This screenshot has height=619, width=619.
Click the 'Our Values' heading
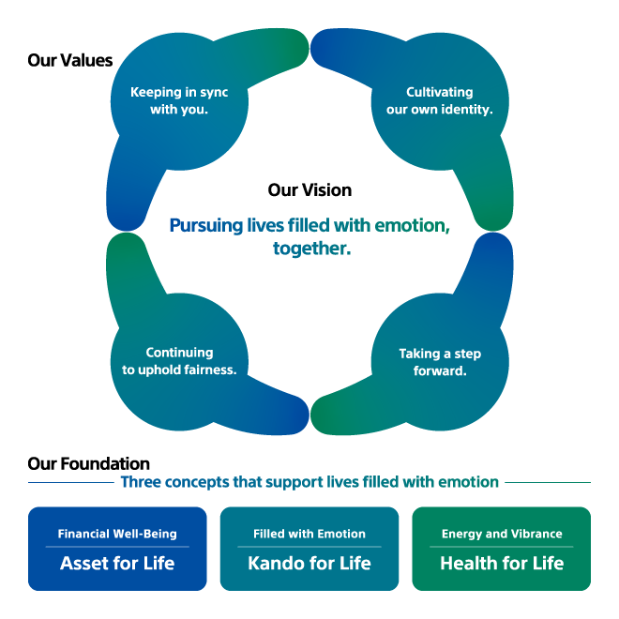[x=70, y=60]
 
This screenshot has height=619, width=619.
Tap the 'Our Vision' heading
[x=309, y=189]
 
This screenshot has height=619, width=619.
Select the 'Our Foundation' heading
[x=88, y=463]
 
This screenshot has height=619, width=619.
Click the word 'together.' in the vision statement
[x=312, y=249]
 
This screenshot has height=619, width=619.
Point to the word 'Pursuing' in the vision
[x=205, y=226]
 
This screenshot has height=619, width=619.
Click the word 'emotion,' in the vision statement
[x=412, y=225]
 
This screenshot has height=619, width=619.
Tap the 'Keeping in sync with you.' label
[x=179, y=100]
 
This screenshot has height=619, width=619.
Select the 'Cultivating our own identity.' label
[x=440, y=100]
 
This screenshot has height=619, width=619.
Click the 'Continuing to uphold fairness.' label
[x=179, y=361]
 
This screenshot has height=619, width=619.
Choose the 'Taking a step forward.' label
[x=440, y=362]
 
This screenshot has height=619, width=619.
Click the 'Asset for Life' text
[x=117, y=563]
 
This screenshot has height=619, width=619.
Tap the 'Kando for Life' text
[x=309, y=563]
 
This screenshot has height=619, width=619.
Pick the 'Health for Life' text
[x=502, y=563]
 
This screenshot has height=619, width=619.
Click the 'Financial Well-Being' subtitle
[x=117, y=534]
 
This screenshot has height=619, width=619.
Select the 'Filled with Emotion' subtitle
[x=309, y=534]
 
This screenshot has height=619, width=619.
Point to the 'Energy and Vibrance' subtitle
[x=502, y=534]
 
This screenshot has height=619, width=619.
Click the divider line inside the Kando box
[x=309, y=547]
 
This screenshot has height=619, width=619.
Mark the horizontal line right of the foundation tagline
[x=548, y=482]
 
